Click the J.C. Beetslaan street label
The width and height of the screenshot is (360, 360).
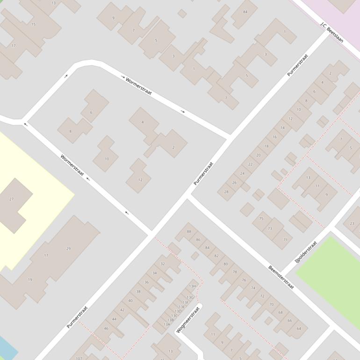click(331, 32)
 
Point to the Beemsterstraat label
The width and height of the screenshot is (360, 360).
click(281, 277)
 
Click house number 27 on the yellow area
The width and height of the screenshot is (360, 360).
click(12, 199)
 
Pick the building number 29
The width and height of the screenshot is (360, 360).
click(68, 248)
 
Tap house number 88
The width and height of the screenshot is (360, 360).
click(189, 231)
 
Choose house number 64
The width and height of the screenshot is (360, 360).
click(299, 328)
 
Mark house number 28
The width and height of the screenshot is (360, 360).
click(226, 191)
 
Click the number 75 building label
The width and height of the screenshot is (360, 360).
click(261, 218)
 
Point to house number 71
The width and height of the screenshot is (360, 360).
click(285, 239)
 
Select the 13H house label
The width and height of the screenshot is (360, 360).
click(192, 286)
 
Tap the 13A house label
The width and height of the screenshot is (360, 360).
click(167, 324)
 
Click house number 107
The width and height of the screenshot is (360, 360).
click(79, 358)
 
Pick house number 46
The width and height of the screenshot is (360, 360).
click(106, 328)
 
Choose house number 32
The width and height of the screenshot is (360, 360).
click(163, 264)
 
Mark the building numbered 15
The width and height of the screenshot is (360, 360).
click(33, 24)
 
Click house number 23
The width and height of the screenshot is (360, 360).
click(352, 223)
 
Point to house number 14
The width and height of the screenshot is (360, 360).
click(282, 127)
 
